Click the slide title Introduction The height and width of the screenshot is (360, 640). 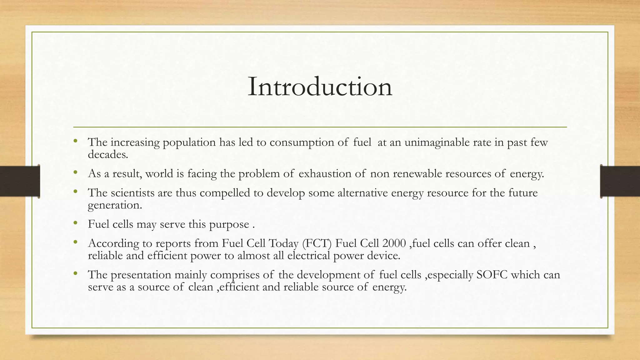pyautogui.click(x=320, y=87)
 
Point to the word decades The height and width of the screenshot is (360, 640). pyautogui.click(x=108, y=154)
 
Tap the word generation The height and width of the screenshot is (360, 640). pyautogui.click(x=115, y=205)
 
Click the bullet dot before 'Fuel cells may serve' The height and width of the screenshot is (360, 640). pyautogui.click(x=75, y=223)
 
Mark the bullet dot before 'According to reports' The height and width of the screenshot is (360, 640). pyautogui.click(x=75, y=242)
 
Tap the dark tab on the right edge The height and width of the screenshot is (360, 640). pyautogui.click(x=620, y=181)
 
